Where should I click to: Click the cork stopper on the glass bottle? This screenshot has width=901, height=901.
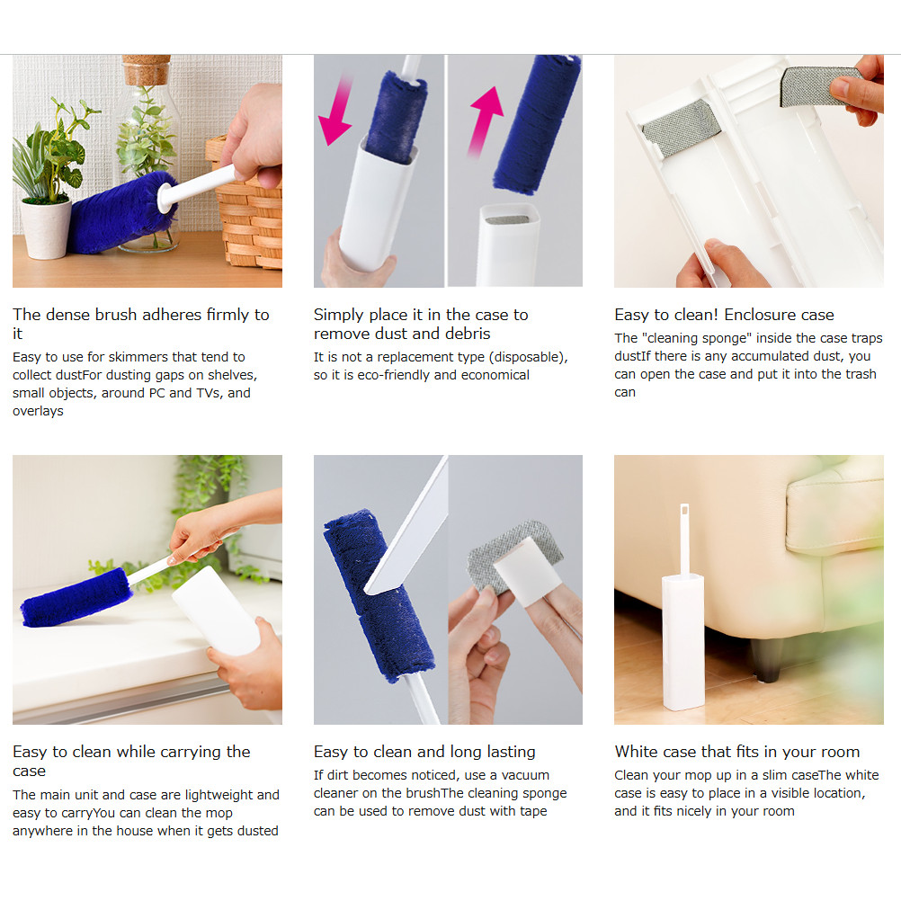[147, 70]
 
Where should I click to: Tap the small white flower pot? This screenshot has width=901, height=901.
[45, 228]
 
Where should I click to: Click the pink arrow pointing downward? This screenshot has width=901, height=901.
[337, 110]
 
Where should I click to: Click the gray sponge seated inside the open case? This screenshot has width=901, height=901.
[682, 129]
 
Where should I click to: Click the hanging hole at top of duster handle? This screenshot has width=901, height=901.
[683, 510]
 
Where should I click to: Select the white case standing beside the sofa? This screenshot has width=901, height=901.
[683, 641]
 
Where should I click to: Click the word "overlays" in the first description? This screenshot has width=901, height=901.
[38, 411]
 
